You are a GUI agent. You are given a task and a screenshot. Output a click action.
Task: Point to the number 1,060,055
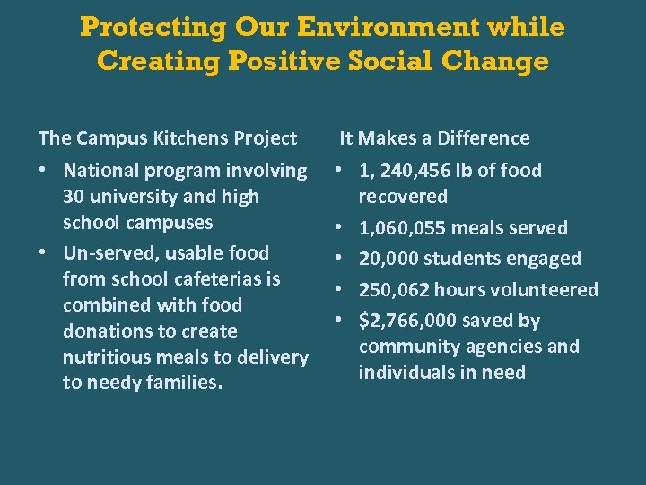(x=402, y=228)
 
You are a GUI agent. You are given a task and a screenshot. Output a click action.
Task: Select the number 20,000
(x=388, y=259)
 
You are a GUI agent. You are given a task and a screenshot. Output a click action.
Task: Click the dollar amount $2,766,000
(x=404, y=321)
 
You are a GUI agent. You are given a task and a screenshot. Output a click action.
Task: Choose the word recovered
(x=403, y=197)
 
